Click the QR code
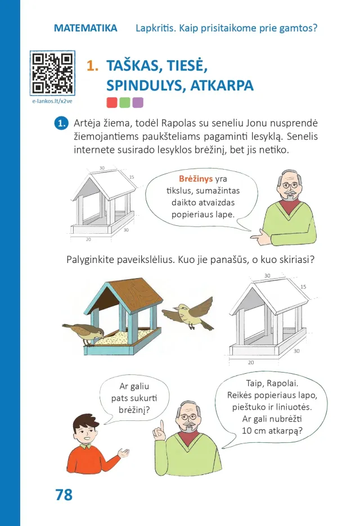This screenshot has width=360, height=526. [x=52, y=73]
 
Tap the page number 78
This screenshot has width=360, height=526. [x=64, y=495]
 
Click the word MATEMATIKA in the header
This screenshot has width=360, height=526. [x=85, y=28]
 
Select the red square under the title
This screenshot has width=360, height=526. [x=112, y=103]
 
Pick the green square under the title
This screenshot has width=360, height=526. [x=125, y=103]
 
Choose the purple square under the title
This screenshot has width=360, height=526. [x=138, y=103]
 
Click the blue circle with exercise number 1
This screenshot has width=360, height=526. [x=61, y=123]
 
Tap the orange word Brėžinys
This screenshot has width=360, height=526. [x=196, y=179]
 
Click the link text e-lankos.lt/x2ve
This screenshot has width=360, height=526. [x=52, y=101]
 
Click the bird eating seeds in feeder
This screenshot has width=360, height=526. [x=84, y=333]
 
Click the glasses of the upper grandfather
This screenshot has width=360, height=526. [x=290, y=184]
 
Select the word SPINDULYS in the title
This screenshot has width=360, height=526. [x=145, y=85]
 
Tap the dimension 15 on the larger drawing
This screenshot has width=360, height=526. [x=303, y=287]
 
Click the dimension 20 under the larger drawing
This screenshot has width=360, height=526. [x=251, y=362]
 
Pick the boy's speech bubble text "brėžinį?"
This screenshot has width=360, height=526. [x=134, y=410]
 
